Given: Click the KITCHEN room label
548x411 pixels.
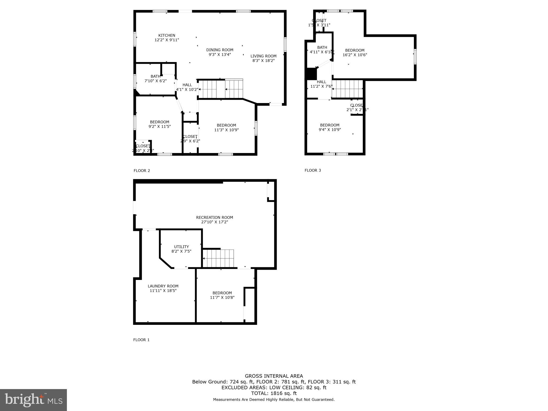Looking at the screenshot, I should (167, 35).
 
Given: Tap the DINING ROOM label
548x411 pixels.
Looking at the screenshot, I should (220, 50).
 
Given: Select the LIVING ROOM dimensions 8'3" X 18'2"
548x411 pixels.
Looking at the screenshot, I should (263, 61).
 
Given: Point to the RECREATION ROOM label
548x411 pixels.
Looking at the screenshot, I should (215, 218).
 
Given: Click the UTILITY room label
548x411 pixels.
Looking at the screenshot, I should (181, 247).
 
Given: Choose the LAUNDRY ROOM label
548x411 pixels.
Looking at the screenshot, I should (163, 286).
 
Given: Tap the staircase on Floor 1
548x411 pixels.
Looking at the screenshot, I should (218, 258).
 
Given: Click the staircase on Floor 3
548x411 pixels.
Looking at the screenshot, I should (347, 89).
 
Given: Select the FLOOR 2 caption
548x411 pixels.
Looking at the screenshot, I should (142, 171).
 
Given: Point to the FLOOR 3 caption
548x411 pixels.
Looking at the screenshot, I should (313, 170).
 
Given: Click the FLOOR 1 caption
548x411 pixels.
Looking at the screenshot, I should (141, 340).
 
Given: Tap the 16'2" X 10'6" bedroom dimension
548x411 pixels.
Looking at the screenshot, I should (355, 55).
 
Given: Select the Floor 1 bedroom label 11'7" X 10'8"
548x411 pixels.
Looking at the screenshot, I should (222, 295).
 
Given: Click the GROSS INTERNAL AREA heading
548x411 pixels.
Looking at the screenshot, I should (274, 376).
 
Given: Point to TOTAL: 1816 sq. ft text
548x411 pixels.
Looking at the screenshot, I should (274, 393).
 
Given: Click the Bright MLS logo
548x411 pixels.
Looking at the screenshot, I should (33, 400).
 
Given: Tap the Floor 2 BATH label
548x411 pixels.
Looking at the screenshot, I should (155, 77).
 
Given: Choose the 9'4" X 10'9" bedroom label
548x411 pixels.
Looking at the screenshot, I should (330, 127).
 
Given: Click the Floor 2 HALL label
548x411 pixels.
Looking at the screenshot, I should (187, 85).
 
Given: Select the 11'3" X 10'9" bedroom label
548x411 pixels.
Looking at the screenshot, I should (226, 128).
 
